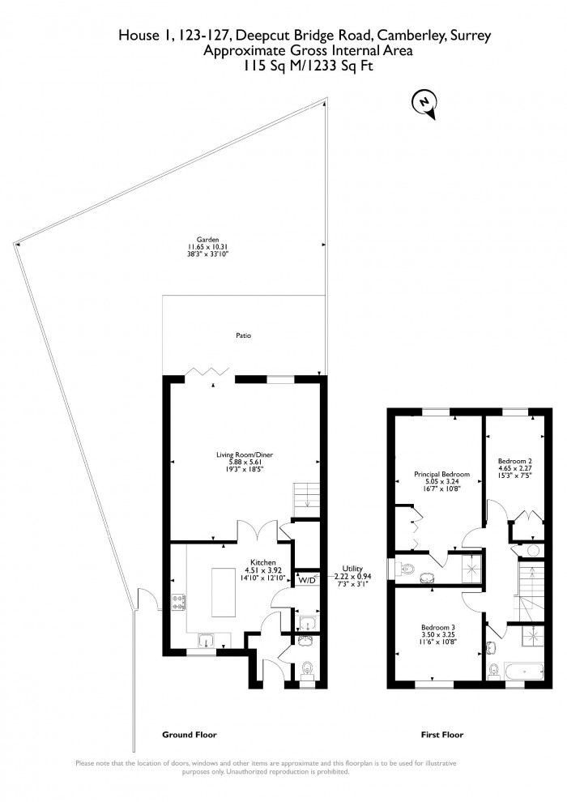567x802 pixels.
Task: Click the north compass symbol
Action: tap(423, 104)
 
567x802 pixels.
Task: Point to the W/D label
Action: tap(307, 580)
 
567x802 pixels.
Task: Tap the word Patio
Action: tap(242, 334)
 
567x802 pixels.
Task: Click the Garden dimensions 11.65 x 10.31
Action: tap(203, 247)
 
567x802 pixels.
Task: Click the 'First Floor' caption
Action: tap(442, 735)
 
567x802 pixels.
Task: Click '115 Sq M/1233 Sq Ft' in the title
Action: tap(303, 68)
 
